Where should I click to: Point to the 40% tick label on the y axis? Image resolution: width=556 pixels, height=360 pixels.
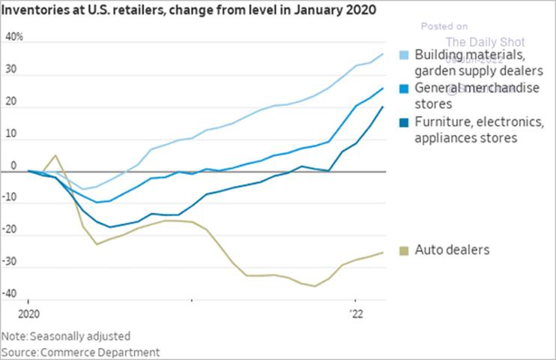click(x=13, y=37)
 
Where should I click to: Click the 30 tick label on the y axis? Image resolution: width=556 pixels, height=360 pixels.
click(x=11, y=75)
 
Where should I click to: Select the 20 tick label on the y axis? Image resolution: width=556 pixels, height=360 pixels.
click(x=11, y=107)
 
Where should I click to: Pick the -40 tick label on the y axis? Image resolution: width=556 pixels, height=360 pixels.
click(x=11, y=293)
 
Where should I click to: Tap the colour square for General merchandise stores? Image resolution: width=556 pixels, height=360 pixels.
click(x=405, y=89)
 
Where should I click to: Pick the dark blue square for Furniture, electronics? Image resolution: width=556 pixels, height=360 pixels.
click(x=405, y=122)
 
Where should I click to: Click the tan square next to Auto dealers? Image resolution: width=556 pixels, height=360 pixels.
click(x=405, y=250)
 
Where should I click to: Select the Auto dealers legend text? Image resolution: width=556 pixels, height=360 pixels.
click(x=452, y=249)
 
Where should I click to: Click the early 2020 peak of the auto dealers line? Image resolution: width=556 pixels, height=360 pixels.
click(x=55, y=156)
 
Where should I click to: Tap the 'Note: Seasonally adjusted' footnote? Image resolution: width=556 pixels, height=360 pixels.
click(x=66, y=336)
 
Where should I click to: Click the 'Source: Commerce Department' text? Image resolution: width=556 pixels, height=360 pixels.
click(x=80, y=351)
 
